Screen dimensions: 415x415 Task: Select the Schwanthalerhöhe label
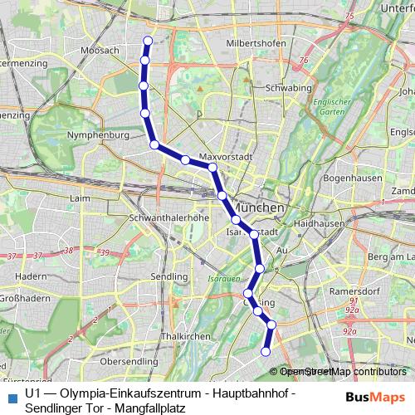pos(167,217)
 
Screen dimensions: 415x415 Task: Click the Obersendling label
pos(128,362)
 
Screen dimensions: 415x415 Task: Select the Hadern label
pos(30,275)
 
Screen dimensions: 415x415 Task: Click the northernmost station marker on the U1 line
pos(148,41)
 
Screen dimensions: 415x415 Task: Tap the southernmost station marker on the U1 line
pos(266,352)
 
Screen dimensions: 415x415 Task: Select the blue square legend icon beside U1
pos(11,396)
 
